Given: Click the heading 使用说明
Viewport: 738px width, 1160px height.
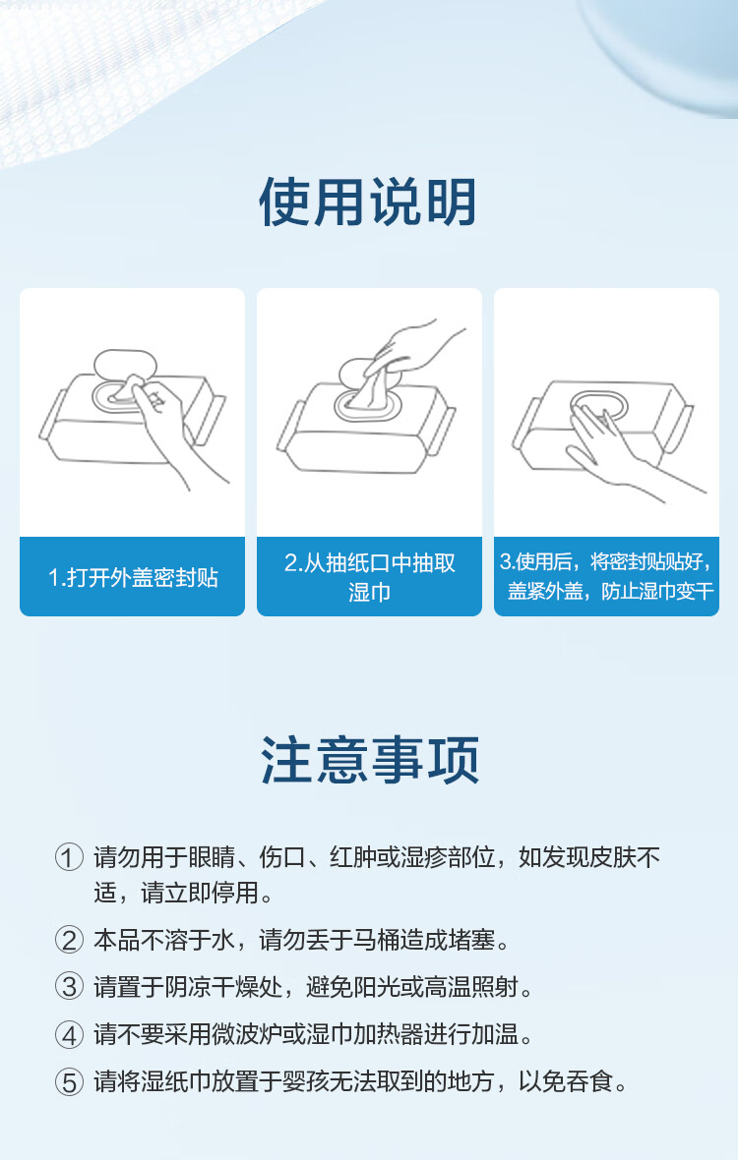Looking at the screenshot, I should (368, 203).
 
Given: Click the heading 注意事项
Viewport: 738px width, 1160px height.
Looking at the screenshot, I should (369, 760).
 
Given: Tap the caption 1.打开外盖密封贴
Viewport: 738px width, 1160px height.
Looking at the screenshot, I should (133, 577).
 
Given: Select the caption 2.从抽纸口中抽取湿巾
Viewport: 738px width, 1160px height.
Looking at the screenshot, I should (369, 577).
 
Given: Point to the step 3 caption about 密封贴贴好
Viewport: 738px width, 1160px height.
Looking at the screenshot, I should (606, 576).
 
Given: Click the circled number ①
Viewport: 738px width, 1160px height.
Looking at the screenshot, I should (68, 858).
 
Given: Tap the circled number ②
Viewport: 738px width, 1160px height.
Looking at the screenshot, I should (68, 941).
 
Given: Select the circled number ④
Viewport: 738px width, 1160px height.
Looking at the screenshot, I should (68, 1035).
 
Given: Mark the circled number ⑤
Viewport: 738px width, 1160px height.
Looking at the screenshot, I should (68, 1083).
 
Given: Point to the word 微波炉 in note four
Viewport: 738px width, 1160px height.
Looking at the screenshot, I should (247, 1035).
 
